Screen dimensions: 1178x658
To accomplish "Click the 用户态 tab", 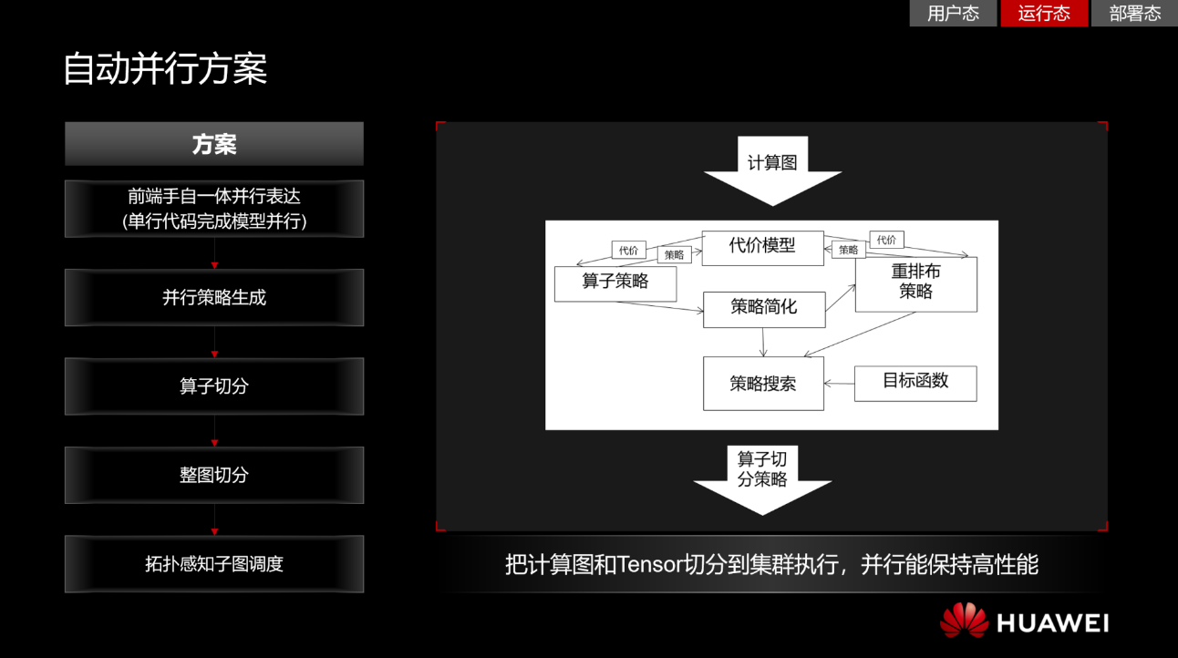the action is click(953, 14).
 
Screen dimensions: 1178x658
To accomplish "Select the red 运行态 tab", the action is click(1044, 14).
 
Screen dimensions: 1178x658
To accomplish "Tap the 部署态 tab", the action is click(1134, 14).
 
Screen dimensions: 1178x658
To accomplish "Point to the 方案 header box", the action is click(214, 144).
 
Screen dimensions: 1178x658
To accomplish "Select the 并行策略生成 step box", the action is click(214, 297).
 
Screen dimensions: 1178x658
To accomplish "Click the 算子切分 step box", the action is click(214, 386).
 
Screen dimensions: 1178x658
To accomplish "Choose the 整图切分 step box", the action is click(214, 475).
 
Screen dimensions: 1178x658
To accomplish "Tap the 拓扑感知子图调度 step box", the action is click(214, 564).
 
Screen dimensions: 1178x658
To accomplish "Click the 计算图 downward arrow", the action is click(772, 170).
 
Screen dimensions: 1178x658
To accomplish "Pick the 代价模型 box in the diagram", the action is click(762, 247).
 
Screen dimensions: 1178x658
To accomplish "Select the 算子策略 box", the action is click(615, 283).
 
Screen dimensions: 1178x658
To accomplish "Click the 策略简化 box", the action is click(764, 309).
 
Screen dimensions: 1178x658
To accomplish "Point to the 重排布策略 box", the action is click(915, 283).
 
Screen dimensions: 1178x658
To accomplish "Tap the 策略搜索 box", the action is click(763, 384).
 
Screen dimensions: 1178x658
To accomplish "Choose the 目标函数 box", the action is click(915, 383).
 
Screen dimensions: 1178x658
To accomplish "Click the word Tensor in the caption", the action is click(650, 565).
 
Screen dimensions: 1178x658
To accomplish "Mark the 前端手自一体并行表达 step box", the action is click(214, 209).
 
